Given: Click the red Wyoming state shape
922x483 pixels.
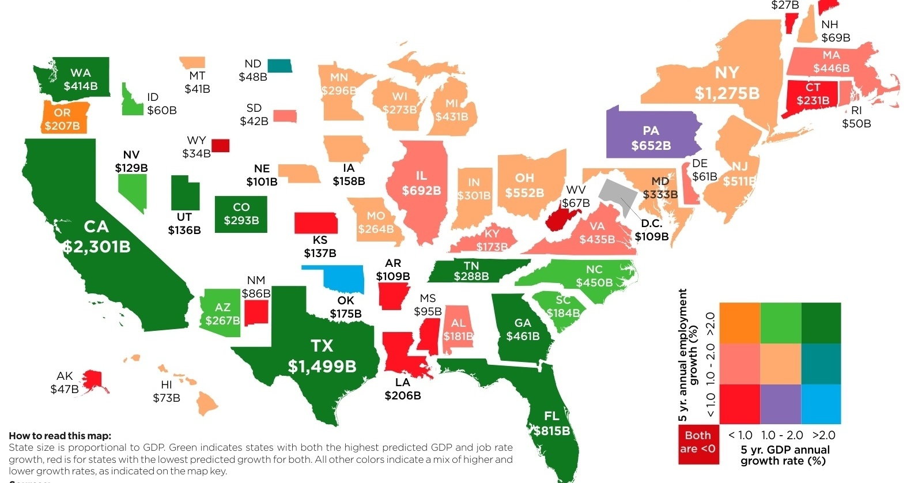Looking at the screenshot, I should click(220, 145).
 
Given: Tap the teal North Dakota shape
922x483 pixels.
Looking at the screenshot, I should click(279, 66).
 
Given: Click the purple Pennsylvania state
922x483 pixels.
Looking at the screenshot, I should click(651, 135).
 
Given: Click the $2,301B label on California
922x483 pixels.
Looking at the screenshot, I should click(97, 247).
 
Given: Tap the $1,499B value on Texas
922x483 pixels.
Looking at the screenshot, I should click(322, 366).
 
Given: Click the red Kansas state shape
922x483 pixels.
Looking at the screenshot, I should click(316, 222).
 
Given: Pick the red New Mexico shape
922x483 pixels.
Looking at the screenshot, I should click(256, 312).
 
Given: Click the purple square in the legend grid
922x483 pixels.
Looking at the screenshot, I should click(780, 404).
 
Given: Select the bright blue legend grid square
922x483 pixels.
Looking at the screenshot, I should click(821, 404).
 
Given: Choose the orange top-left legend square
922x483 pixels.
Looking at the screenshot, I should click(739, 323).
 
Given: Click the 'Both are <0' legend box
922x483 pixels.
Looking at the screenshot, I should click(698, 443).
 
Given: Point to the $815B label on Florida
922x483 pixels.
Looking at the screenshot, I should click(551, 431).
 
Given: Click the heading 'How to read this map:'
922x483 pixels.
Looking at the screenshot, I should click(60, 436).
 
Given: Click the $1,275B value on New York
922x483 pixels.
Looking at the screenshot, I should click(727, 93).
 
